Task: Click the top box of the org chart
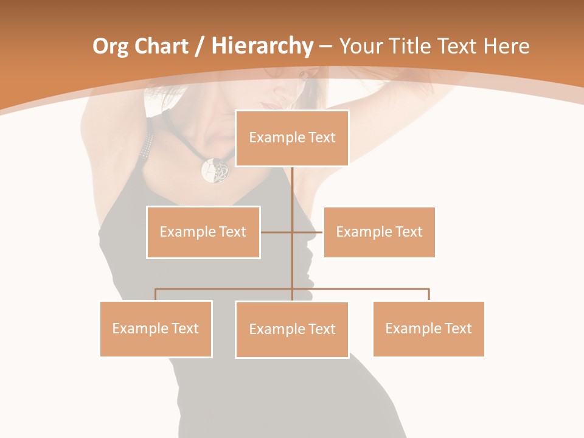(292, 138)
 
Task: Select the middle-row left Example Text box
(203, 232)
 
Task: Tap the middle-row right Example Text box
(379, 232)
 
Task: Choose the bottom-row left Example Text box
(156, 328)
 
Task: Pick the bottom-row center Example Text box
(292, 329)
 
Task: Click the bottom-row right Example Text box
(428, 328)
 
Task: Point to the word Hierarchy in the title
(262, 46)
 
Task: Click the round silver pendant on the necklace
(215, 170)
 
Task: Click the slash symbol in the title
(199, 46)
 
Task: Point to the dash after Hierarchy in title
(325, 47)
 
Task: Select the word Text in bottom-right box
(457, 328)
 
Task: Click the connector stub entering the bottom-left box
(156, 294)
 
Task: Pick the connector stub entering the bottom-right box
(429, 294)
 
